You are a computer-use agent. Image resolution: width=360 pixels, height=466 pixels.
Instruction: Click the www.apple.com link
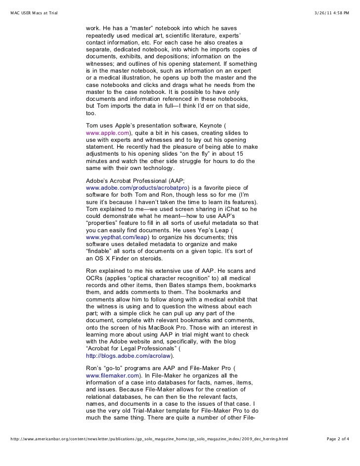[107, 133]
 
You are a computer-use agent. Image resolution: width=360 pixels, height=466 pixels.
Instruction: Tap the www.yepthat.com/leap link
[112, 237]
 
